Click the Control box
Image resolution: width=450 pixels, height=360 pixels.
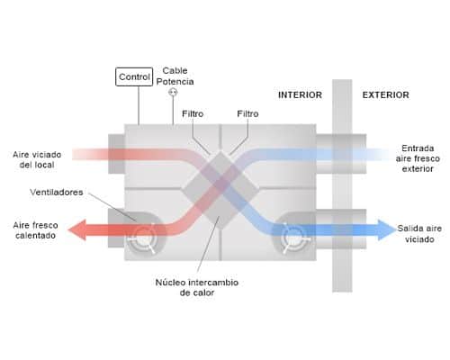134,76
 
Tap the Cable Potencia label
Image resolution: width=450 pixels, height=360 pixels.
175,76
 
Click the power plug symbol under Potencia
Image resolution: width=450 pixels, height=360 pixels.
173,92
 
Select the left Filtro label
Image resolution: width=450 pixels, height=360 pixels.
193,113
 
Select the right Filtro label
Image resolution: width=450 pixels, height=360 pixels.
247,113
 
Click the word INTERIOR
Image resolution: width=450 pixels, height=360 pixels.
300,95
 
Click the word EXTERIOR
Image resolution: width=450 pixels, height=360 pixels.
386,95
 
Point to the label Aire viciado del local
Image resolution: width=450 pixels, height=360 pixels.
37,159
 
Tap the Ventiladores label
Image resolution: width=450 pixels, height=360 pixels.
57,192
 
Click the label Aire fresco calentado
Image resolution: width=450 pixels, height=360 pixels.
35,230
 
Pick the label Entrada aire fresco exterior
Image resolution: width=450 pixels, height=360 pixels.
418,158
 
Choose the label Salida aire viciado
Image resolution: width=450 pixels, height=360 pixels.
419,234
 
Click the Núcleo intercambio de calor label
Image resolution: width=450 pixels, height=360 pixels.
197,287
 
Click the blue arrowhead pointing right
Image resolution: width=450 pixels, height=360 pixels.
387,230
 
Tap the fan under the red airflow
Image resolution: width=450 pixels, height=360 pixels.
144,238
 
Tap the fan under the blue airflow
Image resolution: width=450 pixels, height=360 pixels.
293,238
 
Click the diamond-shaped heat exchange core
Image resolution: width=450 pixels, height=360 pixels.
220,190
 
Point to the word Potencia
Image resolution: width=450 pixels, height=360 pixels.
175,82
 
